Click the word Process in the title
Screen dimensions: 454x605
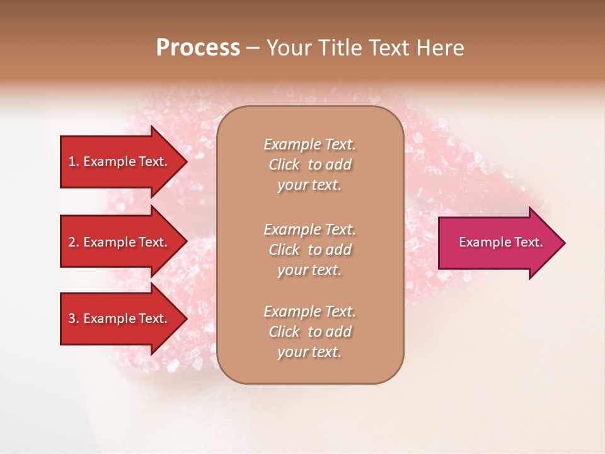pyautogui.click(x=198, y=48)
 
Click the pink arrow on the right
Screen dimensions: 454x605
pyautogui.click(x=498, y=243)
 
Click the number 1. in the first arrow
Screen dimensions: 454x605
pyautogui.click(x=74, y=161)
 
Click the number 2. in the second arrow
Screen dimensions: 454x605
pyautogui.click(x=74, y=242)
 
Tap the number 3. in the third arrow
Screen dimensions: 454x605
pyautogui.click(x=74, y=318)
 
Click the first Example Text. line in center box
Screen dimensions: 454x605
pyautogui.click(x=309, y=144)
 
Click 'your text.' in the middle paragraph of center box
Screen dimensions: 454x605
pyautogui.click(x=309, y=270)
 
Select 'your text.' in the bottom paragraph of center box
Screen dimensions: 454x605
pyautogui.click(x=309, y=352)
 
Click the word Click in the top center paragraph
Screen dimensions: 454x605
pyautogui.click(x=284, y=165)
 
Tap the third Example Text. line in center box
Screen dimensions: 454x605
pyautogui.click(x=309, y=311)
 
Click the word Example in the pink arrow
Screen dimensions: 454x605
pyautogui.click(x=480, y=242)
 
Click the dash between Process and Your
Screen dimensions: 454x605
pyautogui.click(x=253, y=49)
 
